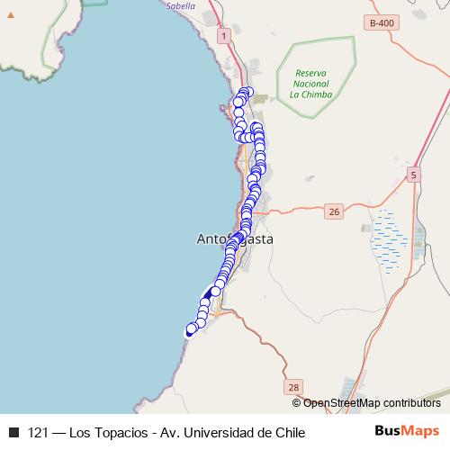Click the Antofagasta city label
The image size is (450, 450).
[234, 239]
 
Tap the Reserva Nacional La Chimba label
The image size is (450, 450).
[305, 83]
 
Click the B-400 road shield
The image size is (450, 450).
[382, 21]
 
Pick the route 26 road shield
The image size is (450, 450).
[335, 211]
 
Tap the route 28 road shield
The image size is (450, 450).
[294, 387]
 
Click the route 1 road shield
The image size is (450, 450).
[223, 33]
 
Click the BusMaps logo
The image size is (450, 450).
[407, 432]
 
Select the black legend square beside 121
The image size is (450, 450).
[13, 433]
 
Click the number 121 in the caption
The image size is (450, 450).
[39, 433]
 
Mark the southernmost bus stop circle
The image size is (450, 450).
[191, 329]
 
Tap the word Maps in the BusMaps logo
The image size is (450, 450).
[421, 432]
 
